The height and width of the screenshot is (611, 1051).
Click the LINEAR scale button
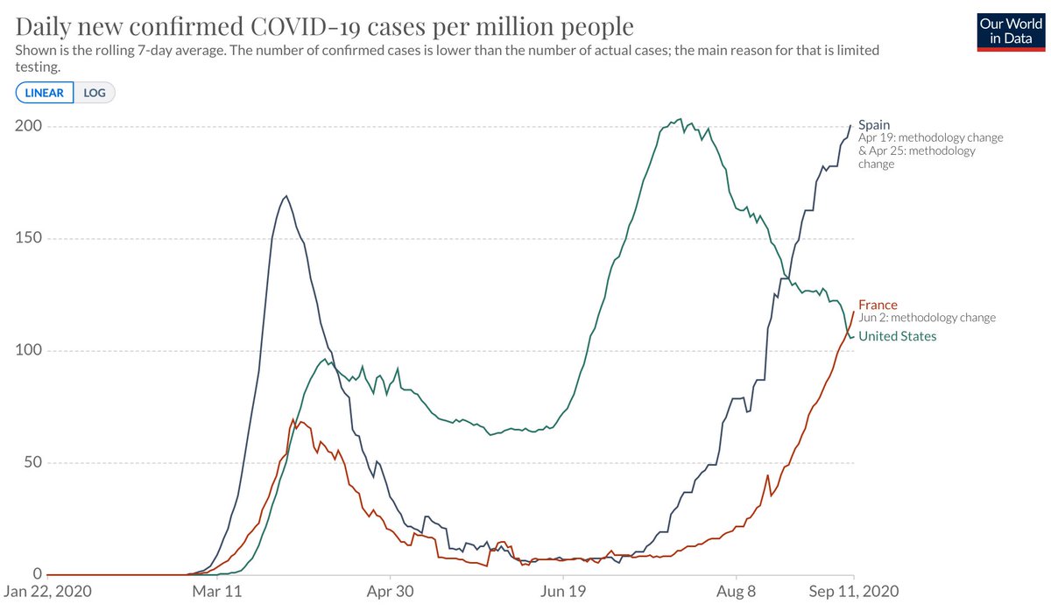point(44,93)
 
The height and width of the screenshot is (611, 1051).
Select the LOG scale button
point(95,93)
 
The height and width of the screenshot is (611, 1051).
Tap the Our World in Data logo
point(1010,32)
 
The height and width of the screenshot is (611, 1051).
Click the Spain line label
point(874,125)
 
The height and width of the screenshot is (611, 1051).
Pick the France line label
point(878,305)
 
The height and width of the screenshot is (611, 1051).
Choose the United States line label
point(897,336)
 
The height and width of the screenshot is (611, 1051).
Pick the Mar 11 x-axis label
point(216,592)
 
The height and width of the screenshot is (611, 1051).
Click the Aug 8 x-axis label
point(737,592)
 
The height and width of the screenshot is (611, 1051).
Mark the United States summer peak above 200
point(681,120)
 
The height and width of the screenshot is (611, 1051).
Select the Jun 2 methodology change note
point(927,319)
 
